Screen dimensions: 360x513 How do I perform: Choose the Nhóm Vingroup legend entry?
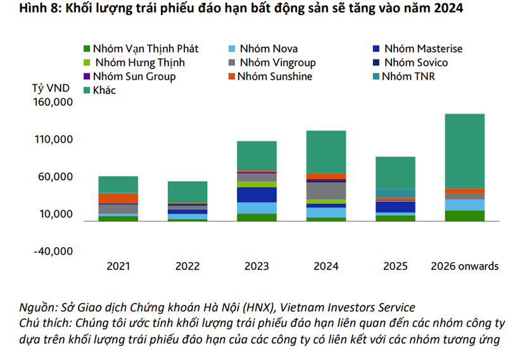272,62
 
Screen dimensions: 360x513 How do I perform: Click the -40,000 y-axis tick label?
54,252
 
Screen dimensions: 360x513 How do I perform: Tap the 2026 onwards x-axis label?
464,266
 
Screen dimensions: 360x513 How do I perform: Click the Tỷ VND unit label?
49,88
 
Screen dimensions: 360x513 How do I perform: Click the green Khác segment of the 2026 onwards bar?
464,150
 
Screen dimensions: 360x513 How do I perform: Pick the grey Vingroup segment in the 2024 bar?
326,190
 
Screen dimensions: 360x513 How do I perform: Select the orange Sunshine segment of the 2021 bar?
118,198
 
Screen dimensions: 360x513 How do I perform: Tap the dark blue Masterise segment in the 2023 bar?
256,195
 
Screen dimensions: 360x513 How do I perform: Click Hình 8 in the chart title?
23,8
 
